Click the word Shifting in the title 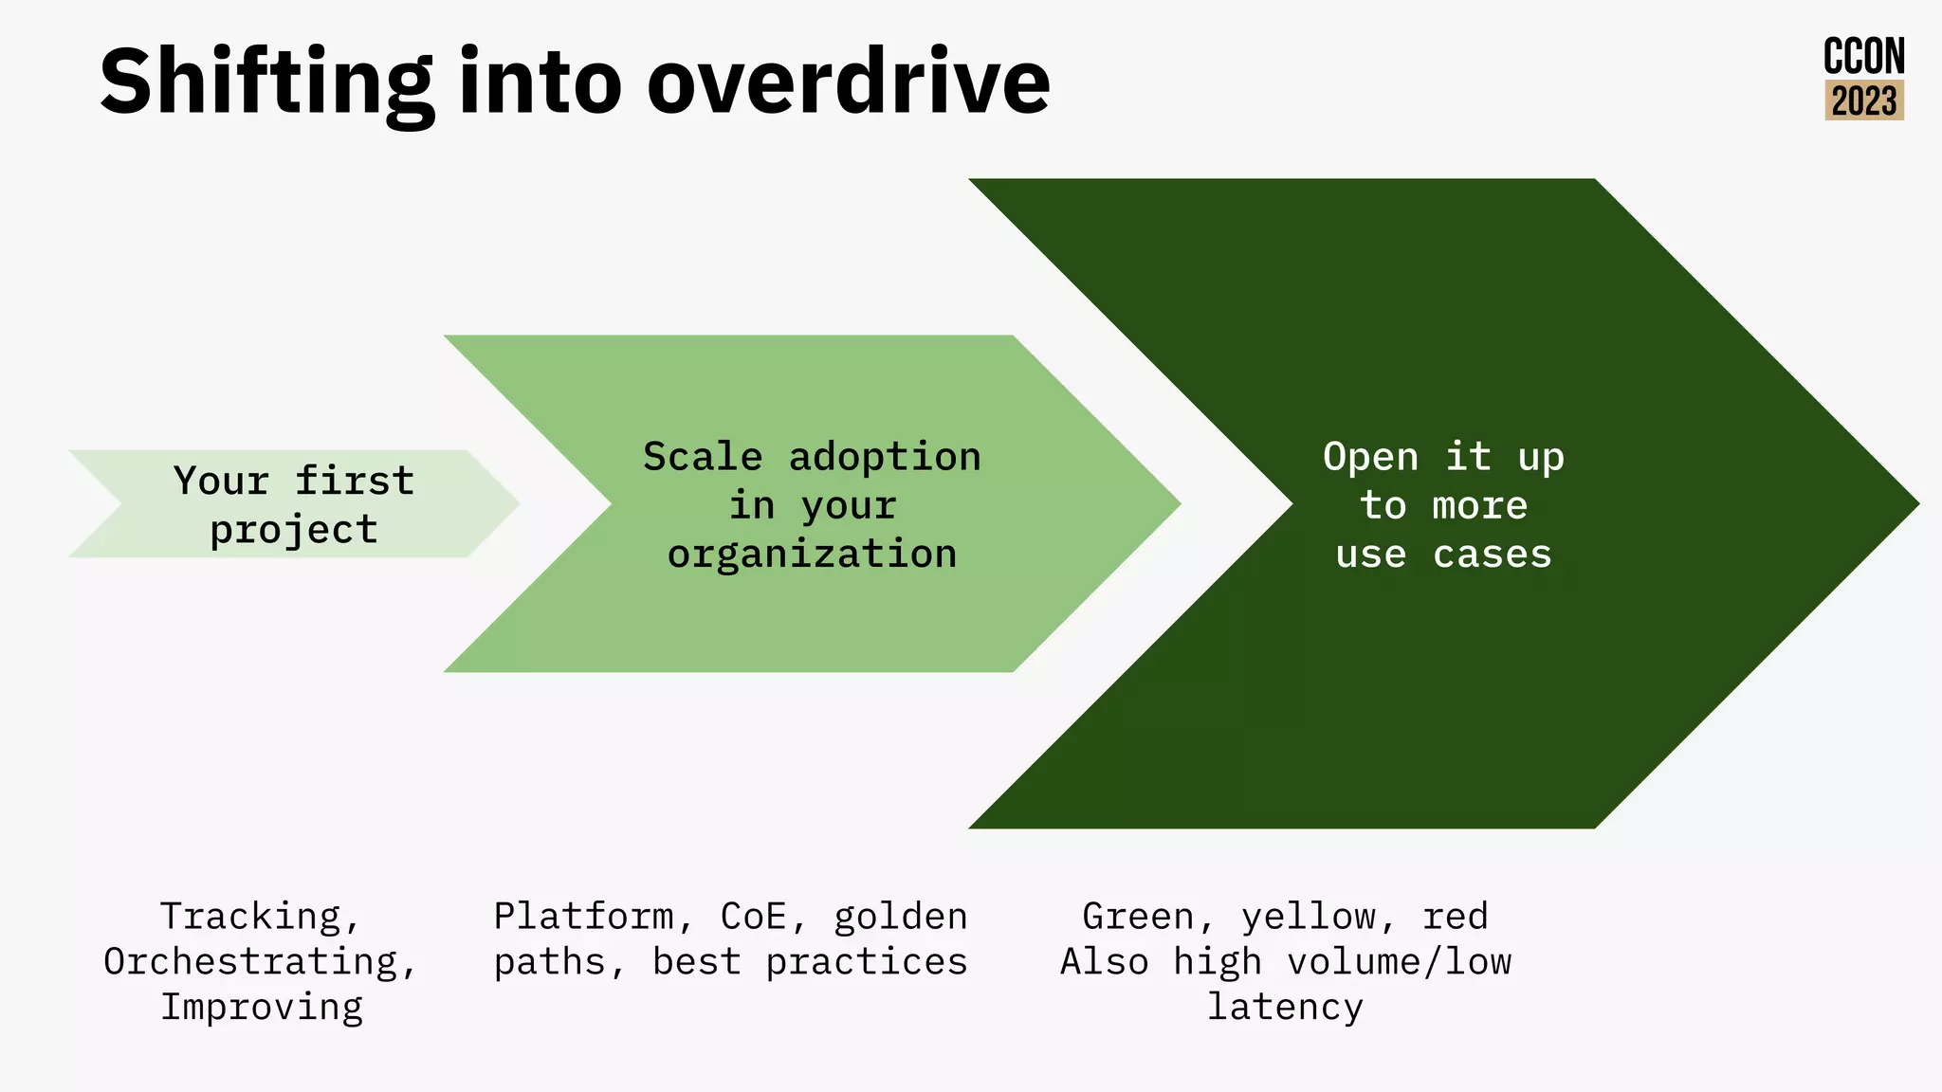[x=266, y=83]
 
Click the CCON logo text [x=1863, y=57]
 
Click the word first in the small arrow [x=354, y=481]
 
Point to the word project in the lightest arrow [x=294, y=530]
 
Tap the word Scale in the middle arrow [x=703, y=457]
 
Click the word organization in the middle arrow [x=812, y=555]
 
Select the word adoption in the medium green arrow [x=885, y=457]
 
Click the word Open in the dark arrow [x=1370, y=457]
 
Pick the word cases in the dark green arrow [x=1492, y=555]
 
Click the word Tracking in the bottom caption [x=251, y=917]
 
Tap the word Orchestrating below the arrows [x=251, y=962]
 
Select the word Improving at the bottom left [x=262, y=1007]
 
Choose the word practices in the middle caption [x=866, y=962]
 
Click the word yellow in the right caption [x=1309, y=917]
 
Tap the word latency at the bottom [x=1285, y=1007]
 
